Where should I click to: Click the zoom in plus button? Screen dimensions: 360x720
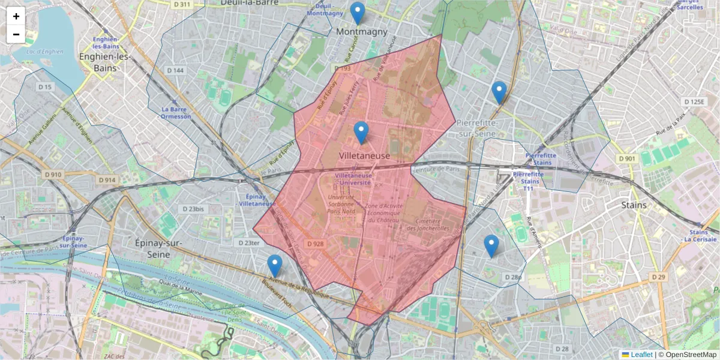tap(16, 16)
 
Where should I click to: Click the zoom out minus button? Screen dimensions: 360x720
tap(16, 34)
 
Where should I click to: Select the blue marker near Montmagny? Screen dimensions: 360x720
tap(357, 13)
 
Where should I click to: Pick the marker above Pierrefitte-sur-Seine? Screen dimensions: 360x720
tap(499, 92)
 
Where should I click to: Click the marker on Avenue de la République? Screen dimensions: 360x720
tap(275, 266)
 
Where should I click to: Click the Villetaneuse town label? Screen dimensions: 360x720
tap(364, 156)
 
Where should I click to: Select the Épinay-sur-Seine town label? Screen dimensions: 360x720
tap(150, 249)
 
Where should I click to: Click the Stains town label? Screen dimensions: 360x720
tap(634, 205)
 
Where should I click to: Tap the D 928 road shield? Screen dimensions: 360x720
tap(315, 244)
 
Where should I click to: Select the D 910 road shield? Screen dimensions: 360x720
tap(52, 175)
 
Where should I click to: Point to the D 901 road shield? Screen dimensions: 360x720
tap(626, 158)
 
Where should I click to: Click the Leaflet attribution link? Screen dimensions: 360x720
tap(641, 355)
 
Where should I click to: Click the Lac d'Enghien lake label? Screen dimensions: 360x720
tap(45, 52)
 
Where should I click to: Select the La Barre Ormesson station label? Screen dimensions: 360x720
tap(176, 113)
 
